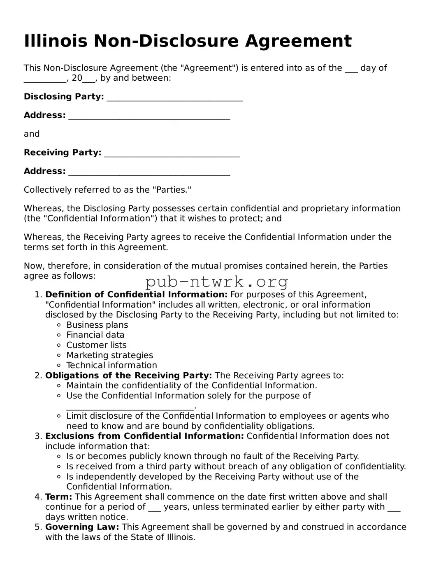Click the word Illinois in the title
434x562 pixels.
[x=56, y=41]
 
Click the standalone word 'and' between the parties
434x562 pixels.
[x=32, y=134]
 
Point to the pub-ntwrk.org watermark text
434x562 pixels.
[x=217, y=282]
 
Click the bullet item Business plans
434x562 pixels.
[x=97, y=325]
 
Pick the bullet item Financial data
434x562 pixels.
[x=95, y=335]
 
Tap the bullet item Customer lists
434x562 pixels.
[x=96, y=345]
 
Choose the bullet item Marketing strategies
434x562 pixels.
[x=109, y=355]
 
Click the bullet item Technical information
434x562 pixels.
[x=111, y=365]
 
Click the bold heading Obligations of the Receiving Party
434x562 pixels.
[x=128, y=375]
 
